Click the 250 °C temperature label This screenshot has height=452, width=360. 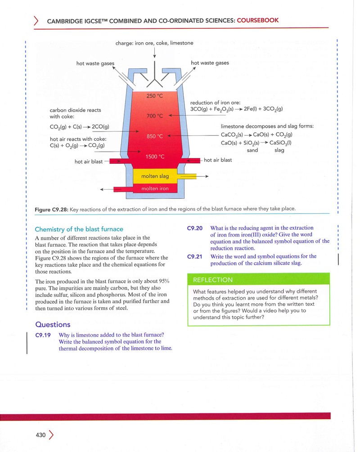pos(155,96)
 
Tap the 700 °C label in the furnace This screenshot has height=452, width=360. pos(155,116)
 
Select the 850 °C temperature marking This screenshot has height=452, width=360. pos(155,136)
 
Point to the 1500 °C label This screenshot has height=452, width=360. pos(155,157)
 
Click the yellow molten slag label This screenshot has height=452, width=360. pos(155,176)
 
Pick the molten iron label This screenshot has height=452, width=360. pos(155,188)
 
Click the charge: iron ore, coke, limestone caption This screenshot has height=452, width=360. pos(154,43)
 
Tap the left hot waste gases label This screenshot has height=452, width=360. pos(95,63)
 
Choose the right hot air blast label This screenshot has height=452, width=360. pos(218,160)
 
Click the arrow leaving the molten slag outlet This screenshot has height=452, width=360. pos(202,176)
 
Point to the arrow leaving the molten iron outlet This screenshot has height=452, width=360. pos(107,189)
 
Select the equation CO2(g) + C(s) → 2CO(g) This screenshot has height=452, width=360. pos(79,127)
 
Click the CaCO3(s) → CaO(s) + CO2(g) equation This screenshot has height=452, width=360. pos(256,134)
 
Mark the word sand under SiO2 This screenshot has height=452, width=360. pos(252,150)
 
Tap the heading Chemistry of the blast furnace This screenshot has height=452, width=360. pos(79,229)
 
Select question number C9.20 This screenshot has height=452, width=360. pos(195,228)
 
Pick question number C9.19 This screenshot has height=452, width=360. pos(43,335)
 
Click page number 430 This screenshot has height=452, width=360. pos(40,435)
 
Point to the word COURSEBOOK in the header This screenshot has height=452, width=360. pos(257,20)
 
